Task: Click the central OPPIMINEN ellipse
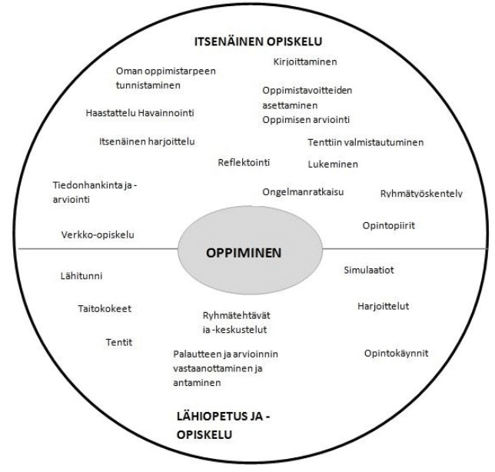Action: (x=247, y=252)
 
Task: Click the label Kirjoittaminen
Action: (x=305, y=61)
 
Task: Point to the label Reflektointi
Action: (x=244, y=162)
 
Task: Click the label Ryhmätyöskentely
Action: (x=421, y=193)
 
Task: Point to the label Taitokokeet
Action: (x=105, y=309)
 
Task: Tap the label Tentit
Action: (x=119, y=341)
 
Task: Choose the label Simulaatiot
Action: (x=368, y=271)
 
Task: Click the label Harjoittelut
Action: (x=383, y=306)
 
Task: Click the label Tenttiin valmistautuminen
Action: (x=365, y=142)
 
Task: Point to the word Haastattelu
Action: (x=111, y=113)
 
